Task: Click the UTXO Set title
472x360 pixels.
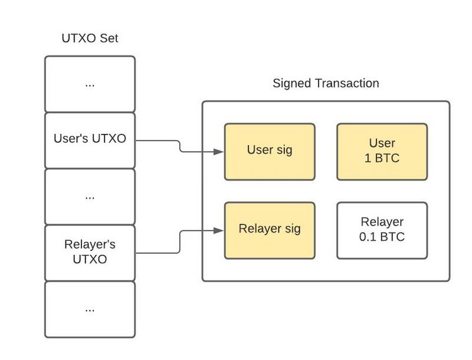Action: [90, 39]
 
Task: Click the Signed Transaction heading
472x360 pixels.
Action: [326, 83]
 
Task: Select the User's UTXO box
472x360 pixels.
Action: [90, 140]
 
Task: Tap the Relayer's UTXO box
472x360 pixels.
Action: [90, 251]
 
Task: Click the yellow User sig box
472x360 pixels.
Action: [270, 151]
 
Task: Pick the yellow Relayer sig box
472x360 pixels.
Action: [270, 230]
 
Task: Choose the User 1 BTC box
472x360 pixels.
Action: [382, 151]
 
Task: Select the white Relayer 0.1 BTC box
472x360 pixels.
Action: [382, 230]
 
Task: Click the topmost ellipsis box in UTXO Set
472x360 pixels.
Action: [90, 84]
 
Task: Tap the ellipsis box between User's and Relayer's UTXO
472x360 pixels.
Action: [90, 196]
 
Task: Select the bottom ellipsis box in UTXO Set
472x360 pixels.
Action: [90, 309]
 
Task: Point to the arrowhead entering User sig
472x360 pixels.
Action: [219, 152]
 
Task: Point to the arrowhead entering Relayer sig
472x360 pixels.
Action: [219, 231]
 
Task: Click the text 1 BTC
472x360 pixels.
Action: [382, 158]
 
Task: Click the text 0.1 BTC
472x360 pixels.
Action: [382, 237]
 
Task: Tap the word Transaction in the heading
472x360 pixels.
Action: [348, 83]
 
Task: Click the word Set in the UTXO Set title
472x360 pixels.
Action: [109, 39]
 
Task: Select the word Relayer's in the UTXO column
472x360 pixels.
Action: [90, 244]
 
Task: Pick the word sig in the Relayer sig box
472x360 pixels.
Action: [290, 229]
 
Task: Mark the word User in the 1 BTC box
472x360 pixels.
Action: [382, 143]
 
